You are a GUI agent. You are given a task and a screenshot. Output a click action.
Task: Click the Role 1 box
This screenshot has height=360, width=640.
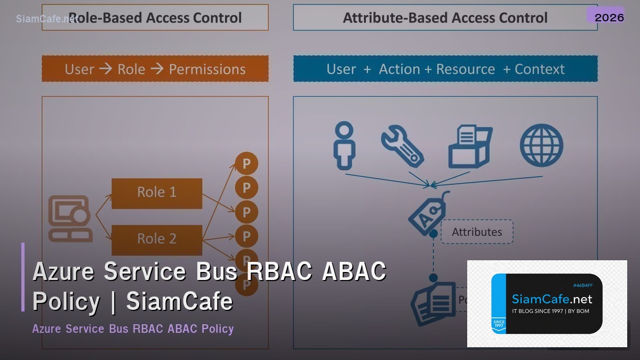click(x=157, y=193)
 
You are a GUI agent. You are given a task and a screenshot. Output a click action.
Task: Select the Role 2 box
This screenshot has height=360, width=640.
click(x=157, y=239)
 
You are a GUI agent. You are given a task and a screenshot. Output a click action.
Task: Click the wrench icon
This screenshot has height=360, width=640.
click(x=402, y=146)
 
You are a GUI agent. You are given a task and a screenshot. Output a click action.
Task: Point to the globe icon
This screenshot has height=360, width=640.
click(x=541, y=146)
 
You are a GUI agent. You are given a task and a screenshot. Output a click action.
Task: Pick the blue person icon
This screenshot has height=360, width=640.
click(x=344, y=146)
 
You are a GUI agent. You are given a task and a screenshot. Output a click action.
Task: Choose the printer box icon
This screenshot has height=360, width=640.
click(x=469, y=146)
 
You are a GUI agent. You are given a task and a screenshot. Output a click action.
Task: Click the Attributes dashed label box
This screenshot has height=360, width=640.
click(x=477, y=232)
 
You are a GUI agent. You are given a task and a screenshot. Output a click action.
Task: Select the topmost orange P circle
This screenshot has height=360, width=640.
click(x=246, y=164)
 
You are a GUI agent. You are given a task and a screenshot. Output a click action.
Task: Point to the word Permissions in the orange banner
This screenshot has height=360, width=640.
click(x=207, y=69)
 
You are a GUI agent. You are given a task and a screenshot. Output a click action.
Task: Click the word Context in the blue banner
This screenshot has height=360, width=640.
click(x=539, y=69)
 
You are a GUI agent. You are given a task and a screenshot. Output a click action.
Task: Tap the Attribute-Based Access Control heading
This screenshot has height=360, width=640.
click(x=445, y=18)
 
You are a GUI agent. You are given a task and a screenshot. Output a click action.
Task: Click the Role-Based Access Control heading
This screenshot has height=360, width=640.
click(x=155, y=18)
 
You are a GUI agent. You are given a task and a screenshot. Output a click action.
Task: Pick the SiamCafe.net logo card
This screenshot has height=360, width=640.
click(x=547, y=303)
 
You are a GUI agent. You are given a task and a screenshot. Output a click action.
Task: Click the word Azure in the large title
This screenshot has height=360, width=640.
click(x=63, y=271)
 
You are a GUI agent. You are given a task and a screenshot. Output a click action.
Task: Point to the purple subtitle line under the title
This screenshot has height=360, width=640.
click(x=133, y=329)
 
